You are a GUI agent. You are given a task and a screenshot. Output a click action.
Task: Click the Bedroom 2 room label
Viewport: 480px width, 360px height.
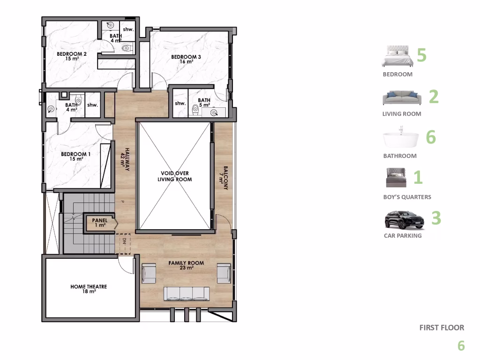tap(72, 56)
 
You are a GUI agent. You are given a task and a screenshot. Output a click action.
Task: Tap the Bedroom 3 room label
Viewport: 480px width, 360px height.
tap(186, 59)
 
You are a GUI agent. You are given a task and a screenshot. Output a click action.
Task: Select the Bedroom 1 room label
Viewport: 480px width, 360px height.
tap(76, 156)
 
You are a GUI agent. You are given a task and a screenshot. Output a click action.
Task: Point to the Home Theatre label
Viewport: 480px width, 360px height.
tap(89, 289)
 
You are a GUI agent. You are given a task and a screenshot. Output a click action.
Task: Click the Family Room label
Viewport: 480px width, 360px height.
tap(186, 265)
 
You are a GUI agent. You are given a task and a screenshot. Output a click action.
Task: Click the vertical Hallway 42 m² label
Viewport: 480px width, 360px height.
tap(125, 157)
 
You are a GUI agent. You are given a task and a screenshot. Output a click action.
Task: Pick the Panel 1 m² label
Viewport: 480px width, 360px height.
tap(99, 222)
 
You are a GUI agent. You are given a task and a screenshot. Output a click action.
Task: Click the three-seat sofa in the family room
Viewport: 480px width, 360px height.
tap(187, 294)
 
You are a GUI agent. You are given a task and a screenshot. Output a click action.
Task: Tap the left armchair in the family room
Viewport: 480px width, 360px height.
tap(149, 273)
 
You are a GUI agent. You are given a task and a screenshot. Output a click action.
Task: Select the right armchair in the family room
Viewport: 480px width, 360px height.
tap(224, 273)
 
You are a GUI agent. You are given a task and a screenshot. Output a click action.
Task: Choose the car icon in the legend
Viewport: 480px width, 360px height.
tap(404, 220)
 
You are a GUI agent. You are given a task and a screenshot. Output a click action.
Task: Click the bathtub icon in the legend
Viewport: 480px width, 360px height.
tap(401, 140)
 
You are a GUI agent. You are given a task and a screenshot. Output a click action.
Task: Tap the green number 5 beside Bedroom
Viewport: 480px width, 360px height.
tap(421, 55)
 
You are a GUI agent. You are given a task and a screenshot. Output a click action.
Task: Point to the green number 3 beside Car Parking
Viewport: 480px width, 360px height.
tap(436, 218)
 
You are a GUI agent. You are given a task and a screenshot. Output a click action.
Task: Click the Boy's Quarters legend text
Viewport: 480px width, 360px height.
tap(407, 197)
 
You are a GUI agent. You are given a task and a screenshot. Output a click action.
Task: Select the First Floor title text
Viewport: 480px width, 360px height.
tap(442, 328)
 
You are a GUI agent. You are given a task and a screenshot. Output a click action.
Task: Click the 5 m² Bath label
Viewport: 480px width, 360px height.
tap(204, 103)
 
